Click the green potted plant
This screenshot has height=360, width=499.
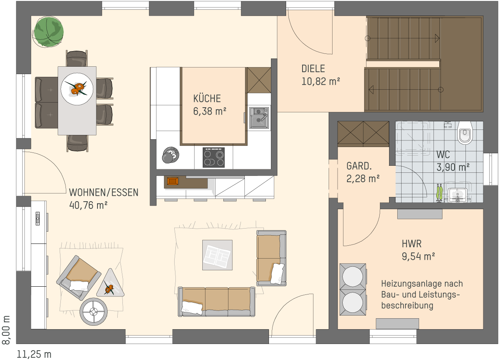point(49,32)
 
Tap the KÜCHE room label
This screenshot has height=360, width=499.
point(207,99)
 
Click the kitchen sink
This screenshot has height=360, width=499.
point(259,118)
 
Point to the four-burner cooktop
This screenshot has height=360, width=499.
point(214,157)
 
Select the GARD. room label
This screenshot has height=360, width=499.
point(359,166)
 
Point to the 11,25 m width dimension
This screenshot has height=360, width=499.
point(34,354)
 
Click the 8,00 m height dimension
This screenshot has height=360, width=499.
point(6,330)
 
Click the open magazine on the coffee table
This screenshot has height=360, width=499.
point(217,255)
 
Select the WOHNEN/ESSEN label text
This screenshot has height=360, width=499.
point(104,192)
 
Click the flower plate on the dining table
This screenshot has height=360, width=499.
point(77,89)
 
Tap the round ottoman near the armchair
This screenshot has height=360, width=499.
point(94,311)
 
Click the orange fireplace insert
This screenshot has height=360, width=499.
point(173,181)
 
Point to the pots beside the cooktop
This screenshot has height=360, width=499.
point(170,155)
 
